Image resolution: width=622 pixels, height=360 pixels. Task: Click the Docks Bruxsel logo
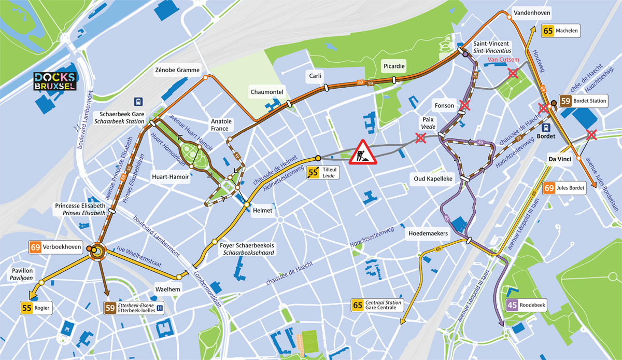54,81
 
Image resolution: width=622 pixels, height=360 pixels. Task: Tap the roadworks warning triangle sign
363,152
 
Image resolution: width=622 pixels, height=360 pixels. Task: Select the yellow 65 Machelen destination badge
560,31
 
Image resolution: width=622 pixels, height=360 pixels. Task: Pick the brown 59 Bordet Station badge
583,101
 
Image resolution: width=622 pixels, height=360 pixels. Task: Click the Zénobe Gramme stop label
177,70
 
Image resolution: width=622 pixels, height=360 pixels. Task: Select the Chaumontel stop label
266,92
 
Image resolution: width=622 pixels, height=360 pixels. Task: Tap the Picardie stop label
393,66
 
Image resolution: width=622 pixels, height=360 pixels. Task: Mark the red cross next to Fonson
464,106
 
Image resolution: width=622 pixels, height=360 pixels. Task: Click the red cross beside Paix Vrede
421,138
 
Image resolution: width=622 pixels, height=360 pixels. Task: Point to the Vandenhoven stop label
531,12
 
